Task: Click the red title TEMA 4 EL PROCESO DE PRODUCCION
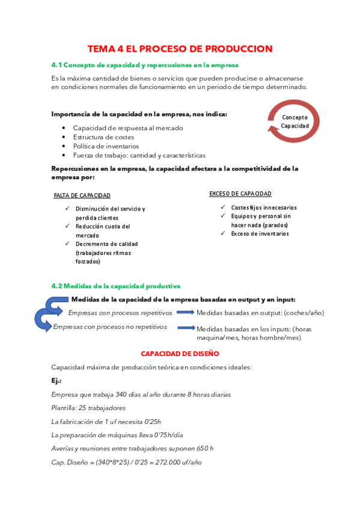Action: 180,48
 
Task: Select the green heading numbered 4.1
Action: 145,64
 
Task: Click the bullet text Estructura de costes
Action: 103,137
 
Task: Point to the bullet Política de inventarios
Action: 106,146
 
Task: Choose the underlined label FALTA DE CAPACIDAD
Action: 82,195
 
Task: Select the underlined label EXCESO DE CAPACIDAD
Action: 240,194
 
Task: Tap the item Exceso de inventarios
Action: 260,233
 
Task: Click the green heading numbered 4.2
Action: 116,286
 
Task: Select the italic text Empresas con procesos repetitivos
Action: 120,313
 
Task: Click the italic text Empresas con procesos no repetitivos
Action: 109,327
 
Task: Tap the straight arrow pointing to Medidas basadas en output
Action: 186,312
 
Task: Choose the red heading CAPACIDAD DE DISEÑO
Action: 180,354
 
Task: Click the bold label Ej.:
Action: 56,381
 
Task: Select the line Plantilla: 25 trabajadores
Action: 88,408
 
